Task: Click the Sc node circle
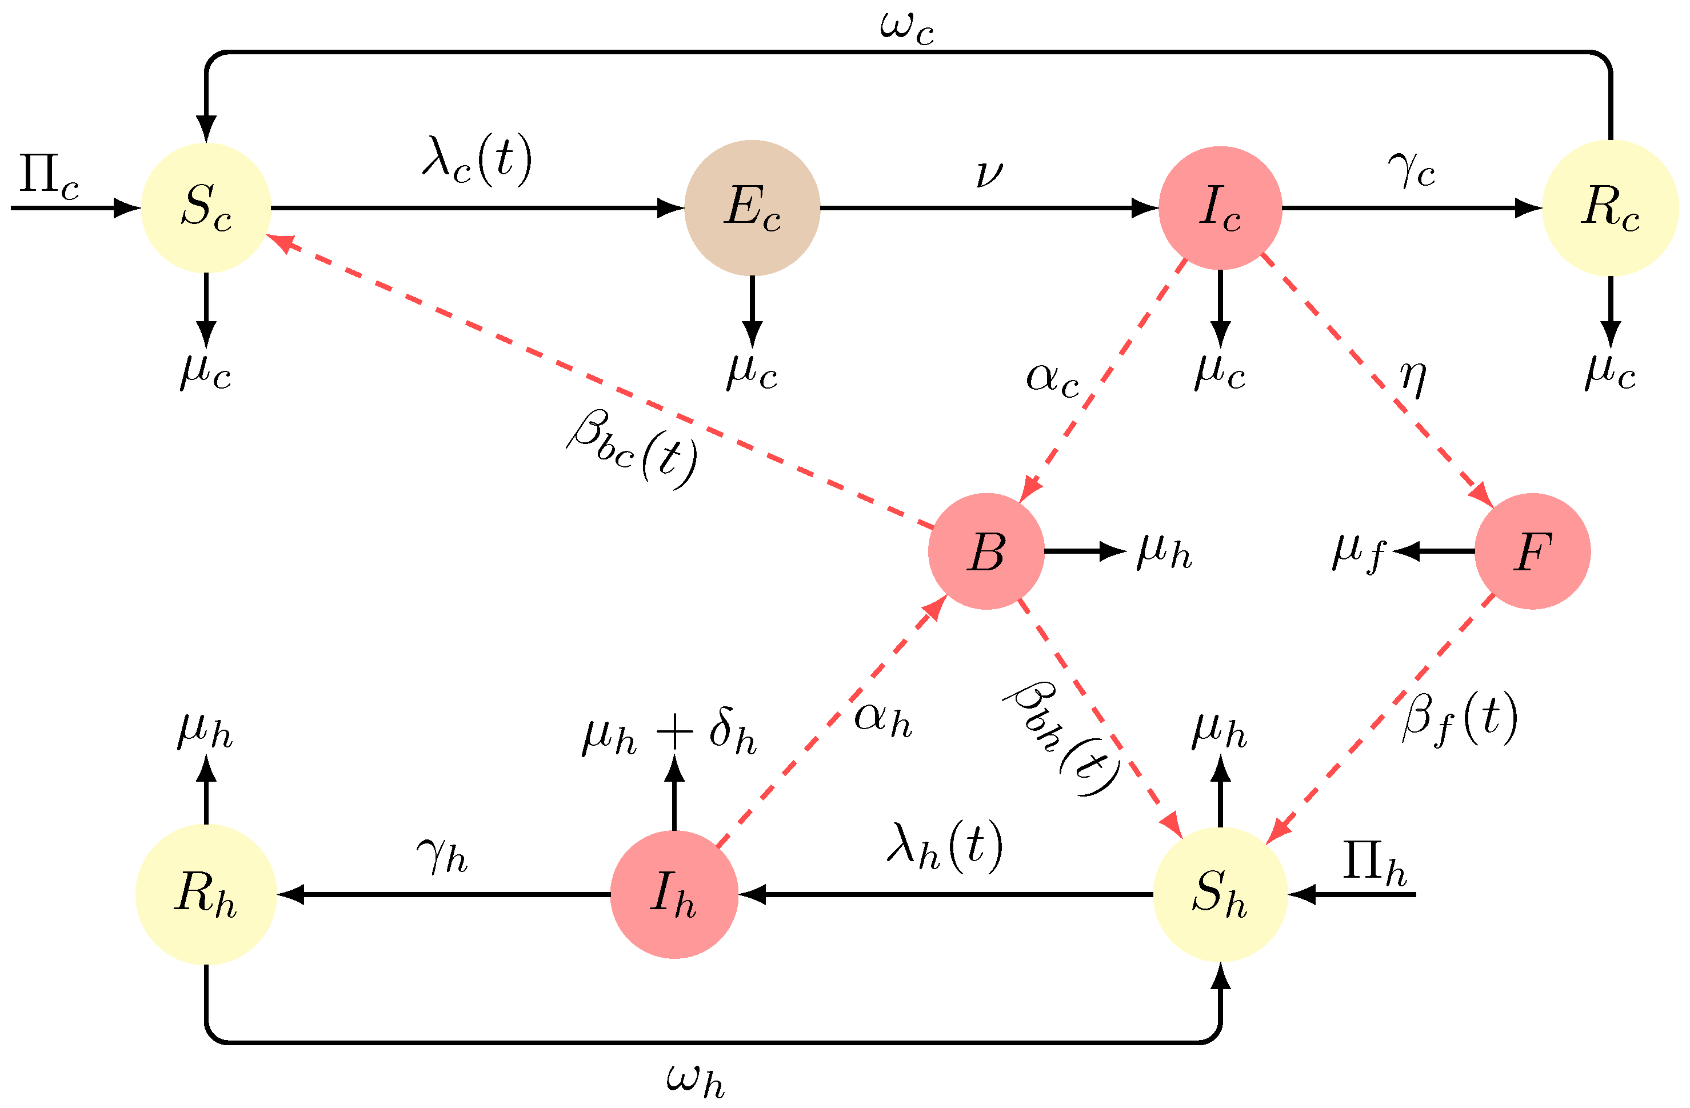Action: (x=206, y=207)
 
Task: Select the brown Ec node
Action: (x=752, y=207)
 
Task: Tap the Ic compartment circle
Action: (x=1220, y=207)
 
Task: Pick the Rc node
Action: (x=1610, y=207)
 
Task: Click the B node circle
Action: (x=986, y=551)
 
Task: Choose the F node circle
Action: (x=1532, y=551)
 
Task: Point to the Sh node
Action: (x=1220, y=894)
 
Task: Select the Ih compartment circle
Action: (x=674, y=894)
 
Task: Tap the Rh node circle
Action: (x=206, y=894)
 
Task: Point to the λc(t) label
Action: (x=477, y=159)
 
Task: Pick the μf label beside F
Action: (x=1358, y=552)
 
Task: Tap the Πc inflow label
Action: (x=48, y=175)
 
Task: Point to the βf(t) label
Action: (x=1460, y=718)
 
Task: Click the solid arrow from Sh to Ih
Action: (x=944, y=894)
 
